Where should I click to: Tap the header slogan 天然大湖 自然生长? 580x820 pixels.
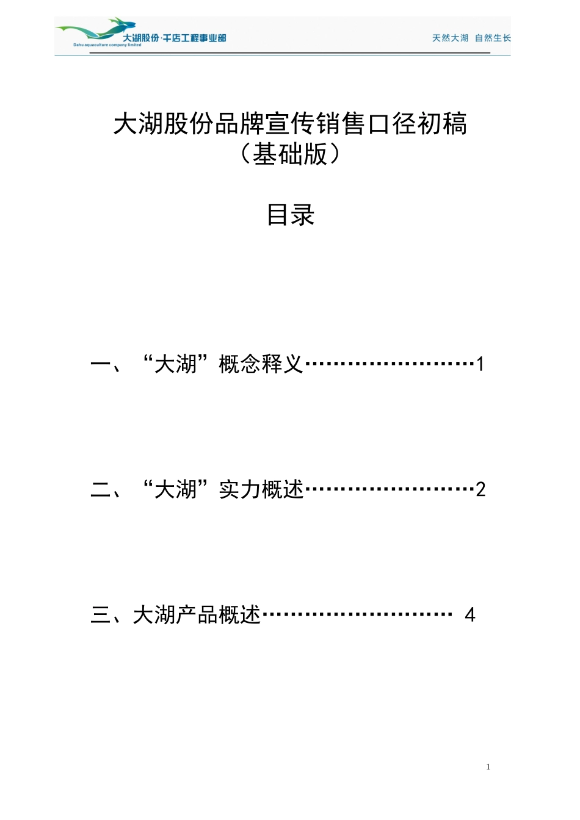[471, 38]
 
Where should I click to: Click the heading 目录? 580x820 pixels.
[291, 215]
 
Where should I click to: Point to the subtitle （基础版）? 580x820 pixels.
[291, 154]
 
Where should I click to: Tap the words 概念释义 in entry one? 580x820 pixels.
[261, 364]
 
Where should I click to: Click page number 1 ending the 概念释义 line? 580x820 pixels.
[480, 364]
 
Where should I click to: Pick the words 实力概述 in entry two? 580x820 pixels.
[261, 489]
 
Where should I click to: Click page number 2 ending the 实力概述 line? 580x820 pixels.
[480, 489]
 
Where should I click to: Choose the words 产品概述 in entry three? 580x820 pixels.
[218, 614]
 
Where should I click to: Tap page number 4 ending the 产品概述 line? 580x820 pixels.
[469, 614]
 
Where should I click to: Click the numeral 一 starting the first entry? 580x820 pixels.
[100, 364]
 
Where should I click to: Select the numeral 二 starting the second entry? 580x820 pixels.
[100, 489]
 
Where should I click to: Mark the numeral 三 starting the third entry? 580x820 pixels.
[100, 614]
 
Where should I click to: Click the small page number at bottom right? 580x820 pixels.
[488, 767]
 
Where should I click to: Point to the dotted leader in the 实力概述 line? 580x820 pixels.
[389, 489]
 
